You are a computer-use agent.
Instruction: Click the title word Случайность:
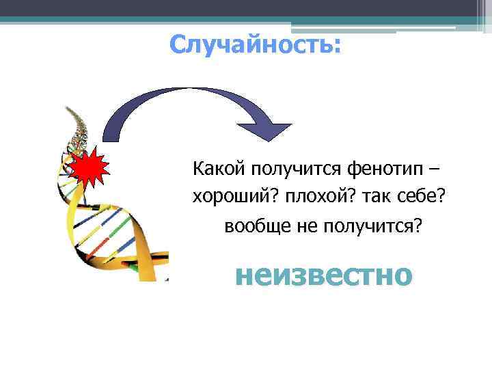tap(254, 45)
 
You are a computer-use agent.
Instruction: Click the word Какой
tap(219, 167)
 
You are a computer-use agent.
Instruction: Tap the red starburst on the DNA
tap(87, 167)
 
